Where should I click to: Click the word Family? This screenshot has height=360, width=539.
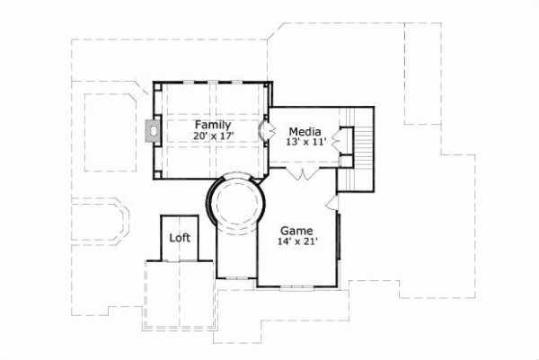click(212, 125)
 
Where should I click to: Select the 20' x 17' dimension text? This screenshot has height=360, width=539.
click(212, 136)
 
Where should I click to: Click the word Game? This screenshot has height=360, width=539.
click(296, 230)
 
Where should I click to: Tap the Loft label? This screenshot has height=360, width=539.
click(180, 240)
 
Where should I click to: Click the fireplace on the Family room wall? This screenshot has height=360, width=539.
click(149, 131)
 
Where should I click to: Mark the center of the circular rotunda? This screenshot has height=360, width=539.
click(238, 204)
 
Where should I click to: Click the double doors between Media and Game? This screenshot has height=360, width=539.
click(306, 172)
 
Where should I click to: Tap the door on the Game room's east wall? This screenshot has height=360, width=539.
click(339, 202)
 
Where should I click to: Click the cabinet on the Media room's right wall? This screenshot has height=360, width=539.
click(341, 139)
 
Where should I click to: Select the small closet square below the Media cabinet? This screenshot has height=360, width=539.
click(345, 162)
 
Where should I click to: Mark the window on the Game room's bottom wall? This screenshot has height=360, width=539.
click(296, 285)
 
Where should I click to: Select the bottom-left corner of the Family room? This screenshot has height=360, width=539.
click(153, 179)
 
